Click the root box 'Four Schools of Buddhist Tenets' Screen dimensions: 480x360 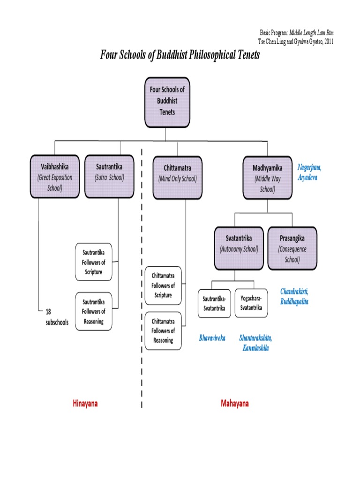coord(167,103)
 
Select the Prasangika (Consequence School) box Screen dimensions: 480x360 coord(292,248)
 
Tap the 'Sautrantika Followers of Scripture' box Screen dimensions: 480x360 coord(94,262)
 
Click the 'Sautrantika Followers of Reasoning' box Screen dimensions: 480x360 coord(94,311)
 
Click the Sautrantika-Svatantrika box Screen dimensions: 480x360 coord(214,303)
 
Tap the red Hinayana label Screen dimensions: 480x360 coord(85,403)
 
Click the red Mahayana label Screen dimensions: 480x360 coord(234,404)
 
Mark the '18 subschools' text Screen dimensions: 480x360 coord(57,317)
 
